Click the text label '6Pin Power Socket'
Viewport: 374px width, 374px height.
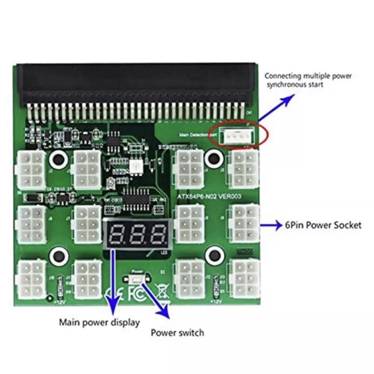323,225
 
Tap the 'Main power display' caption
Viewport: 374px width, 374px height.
99,322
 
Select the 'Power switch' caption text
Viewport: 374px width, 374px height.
177,333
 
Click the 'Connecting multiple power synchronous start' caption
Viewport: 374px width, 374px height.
308,80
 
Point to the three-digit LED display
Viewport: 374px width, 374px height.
135,233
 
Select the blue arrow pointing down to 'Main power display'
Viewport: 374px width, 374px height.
113,281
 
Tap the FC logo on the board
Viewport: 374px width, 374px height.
137,294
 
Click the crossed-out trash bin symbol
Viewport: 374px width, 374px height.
162,293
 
